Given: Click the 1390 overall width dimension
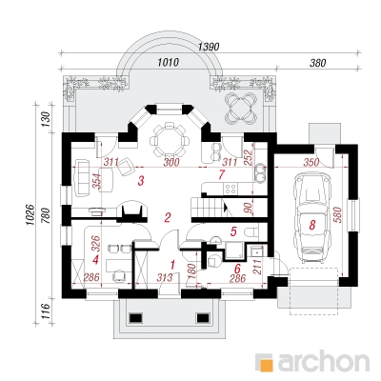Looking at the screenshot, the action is click(209, 47).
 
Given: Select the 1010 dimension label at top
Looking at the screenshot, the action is click(169, 62).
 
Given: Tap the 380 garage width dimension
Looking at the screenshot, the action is click(317, 63).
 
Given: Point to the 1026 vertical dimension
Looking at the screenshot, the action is click(30, 215).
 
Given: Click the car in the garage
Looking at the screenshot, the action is click(311, 217).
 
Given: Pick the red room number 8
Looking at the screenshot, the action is click(312, 225).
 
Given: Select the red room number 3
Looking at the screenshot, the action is click(141, 181).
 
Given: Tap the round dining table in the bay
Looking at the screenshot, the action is click(170, 141).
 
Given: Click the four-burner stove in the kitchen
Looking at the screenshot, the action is click(230, 189).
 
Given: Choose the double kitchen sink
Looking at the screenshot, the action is click(261, 173).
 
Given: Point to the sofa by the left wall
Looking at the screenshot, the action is click(81, 177).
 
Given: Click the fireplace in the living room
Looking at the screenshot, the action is click(132, 211).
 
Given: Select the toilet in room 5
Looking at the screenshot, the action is click(252, 232).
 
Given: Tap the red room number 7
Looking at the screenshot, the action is click(222, 174).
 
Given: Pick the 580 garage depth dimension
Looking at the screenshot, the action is click(337, 215).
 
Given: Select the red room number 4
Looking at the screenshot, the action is click(95, 260).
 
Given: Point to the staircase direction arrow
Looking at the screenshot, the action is click(226, 208).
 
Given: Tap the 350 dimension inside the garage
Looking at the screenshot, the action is click(311, 162).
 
